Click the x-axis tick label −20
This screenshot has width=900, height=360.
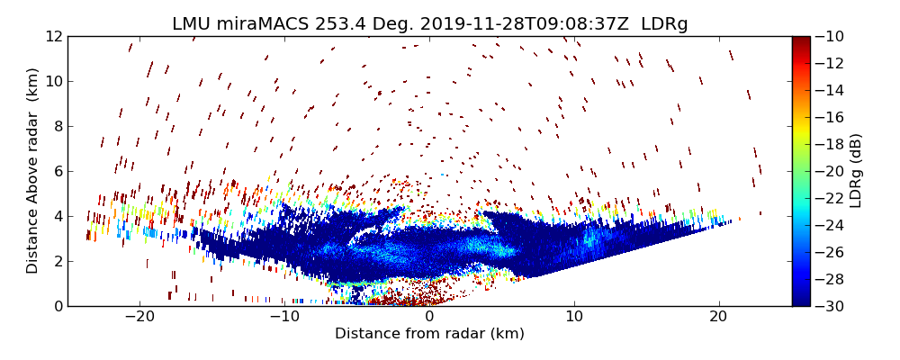click(x=139, y=318)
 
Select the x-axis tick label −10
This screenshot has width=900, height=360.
click(x=284, y=318)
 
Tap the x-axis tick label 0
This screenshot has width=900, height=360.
click(x=429, y=318)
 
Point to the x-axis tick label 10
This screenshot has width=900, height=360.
click(x=574, y=318)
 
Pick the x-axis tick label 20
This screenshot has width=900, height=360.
click(x=718, y=318)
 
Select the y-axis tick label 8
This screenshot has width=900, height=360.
click(x=56, y=127)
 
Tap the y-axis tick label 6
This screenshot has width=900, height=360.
click(x=56, y=172)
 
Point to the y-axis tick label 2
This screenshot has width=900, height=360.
click(x=56, y=261)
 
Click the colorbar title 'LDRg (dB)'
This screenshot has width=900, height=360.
click(x=856, y=171)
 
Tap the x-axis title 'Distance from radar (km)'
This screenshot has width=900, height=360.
click(x=429, y=334)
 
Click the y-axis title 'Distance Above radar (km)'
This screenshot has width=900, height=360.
click(x=33, y=171)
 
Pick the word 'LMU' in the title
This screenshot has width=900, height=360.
click(x=191, y=24)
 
